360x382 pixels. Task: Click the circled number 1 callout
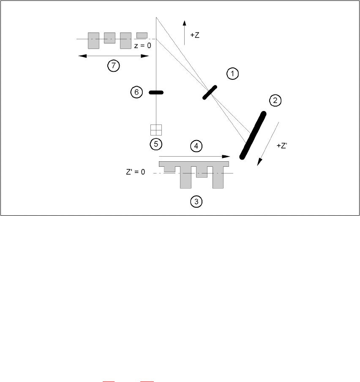(x=232, y=74)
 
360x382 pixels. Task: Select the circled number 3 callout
(x=196, y=202)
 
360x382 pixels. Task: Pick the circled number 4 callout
(x=196, y=146)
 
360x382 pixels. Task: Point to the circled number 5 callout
(x=156, y=144)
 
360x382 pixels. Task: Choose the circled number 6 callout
(x=136, y=92)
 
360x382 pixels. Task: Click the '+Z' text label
(x=195, y=36)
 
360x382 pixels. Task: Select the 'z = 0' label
(x=142, y=46)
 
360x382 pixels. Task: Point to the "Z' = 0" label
(x=136, y=173)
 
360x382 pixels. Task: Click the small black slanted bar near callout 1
(x=210, y=92)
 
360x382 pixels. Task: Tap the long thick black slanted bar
(x=253, y=135)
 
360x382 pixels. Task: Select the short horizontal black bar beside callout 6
(x=156, y=92)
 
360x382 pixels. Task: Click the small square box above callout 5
(x=156, y=130)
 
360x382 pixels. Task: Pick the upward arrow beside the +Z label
(x=185, y=32)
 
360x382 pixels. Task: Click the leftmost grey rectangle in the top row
(x=93, y=40)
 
